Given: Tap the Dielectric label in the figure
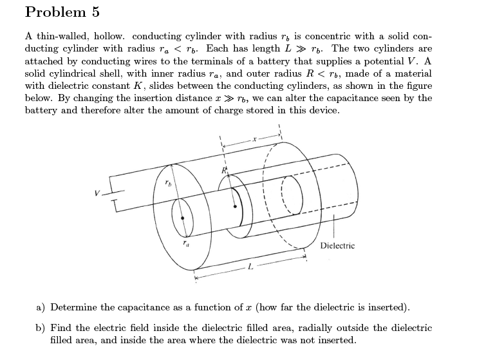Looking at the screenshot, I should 337,246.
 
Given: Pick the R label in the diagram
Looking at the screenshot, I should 225,169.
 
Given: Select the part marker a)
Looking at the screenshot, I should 41,307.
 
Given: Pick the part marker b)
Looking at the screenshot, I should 41,328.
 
